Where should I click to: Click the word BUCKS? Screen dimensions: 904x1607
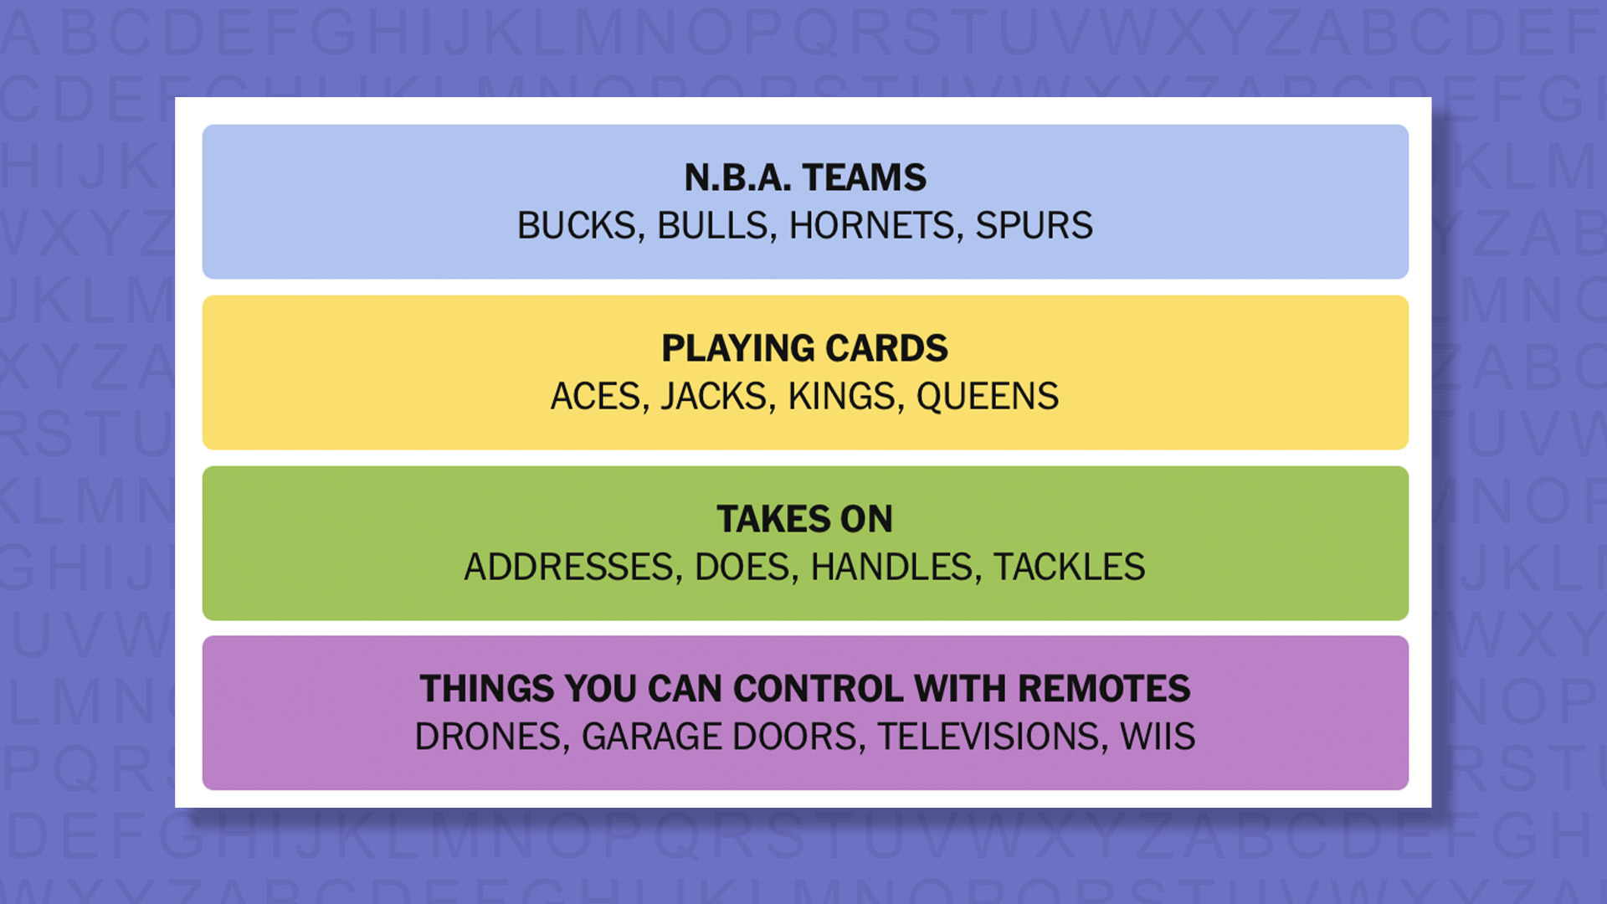[x=577, y=226]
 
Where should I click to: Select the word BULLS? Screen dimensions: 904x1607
[x=712, y=226]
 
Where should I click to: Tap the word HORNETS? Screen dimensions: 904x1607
[x=871, y=226]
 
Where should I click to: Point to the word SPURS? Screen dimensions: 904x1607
[x=1034, y=226]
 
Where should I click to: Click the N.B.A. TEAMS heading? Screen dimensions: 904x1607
[x=805, y=177]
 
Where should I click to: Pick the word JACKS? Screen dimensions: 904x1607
[x=713, y=397]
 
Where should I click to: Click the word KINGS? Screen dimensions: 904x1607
[x=841, y=397]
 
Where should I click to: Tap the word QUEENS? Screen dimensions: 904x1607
[x=987, y=397]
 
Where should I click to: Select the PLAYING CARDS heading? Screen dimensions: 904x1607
[x=805, y=348]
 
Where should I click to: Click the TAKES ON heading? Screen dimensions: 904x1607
[x=805, y=519]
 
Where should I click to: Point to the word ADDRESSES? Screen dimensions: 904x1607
[x=568, y=568]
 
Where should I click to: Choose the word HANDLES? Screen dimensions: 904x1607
[x=891, y=568]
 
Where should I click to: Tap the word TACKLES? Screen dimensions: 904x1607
[x=1069, y=568]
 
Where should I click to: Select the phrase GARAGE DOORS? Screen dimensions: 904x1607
[x=719, y=737]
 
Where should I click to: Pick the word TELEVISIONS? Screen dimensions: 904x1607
[x=988, y=737]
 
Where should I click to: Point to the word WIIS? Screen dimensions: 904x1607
[x=1158, y=737]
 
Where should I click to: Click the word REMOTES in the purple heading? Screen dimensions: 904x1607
[x=1104, y=689]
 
